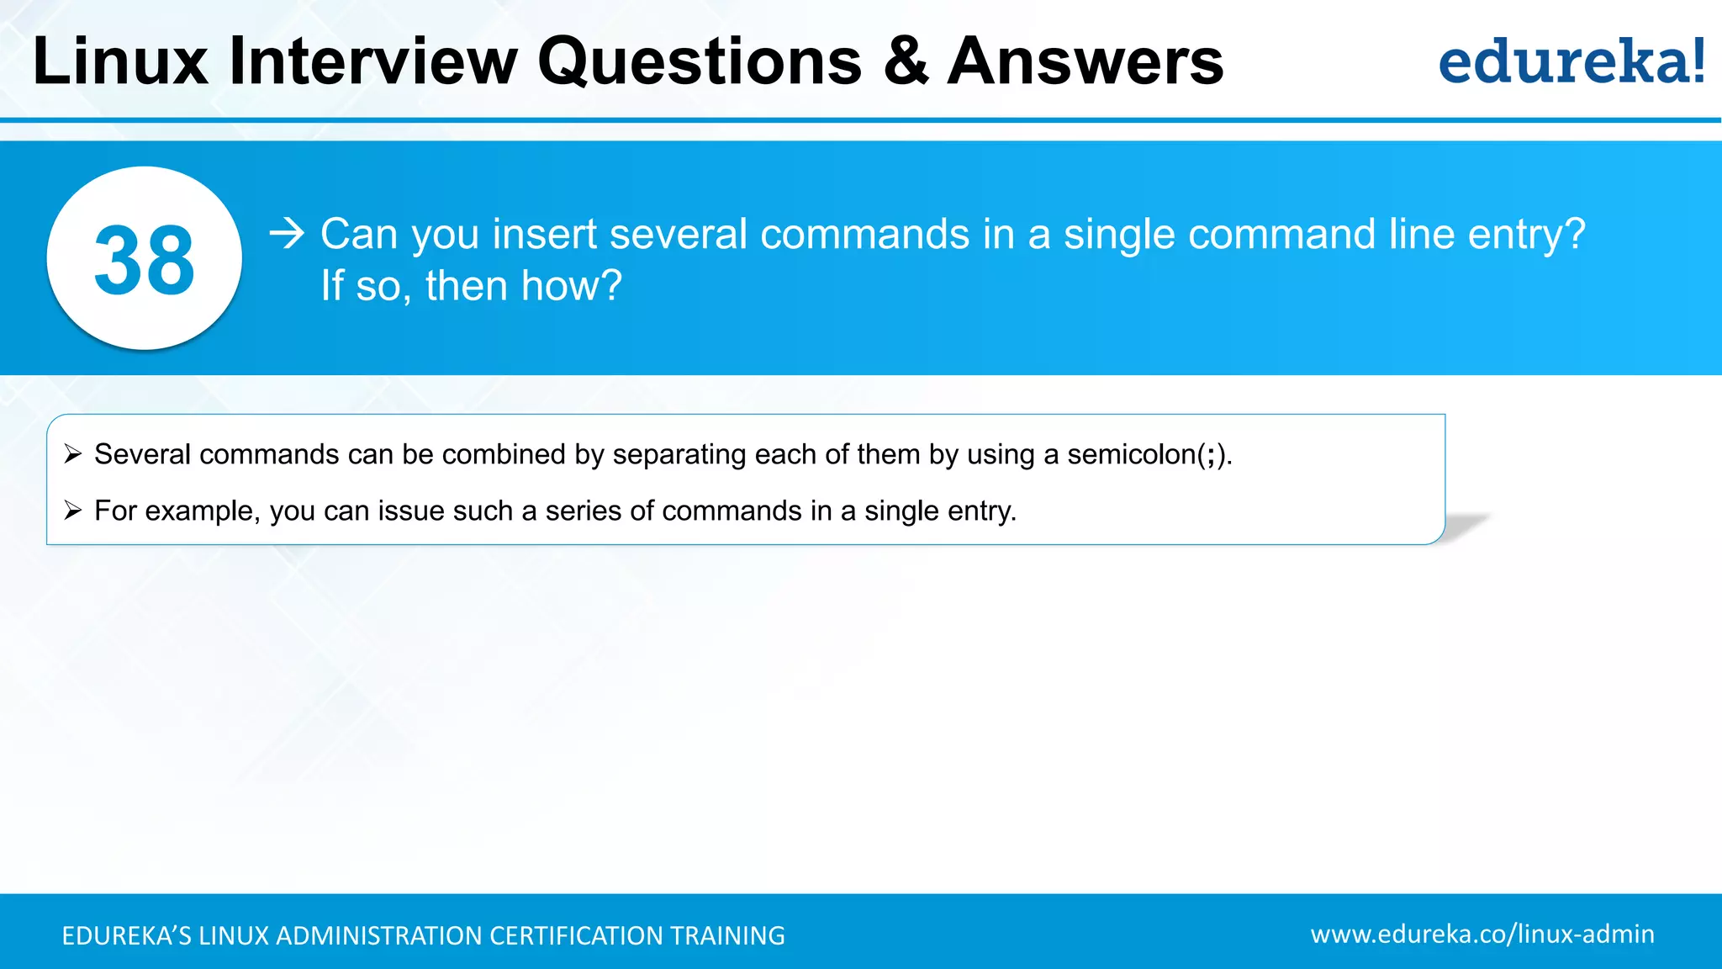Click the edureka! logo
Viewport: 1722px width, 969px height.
point(1571,61)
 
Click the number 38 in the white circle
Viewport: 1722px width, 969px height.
point(145,261)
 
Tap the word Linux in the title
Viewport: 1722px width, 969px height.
point(120,61)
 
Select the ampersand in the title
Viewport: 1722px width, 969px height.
point(906,61)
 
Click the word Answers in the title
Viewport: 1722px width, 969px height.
point(1085,61)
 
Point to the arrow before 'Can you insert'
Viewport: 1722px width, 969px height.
point(287,233)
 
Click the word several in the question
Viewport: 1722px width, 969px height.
point(678,234)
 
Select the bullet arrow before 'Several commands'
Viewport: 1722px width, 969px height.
point(73,454)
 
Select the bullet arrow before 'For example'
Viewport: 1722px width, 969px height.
point(73,511)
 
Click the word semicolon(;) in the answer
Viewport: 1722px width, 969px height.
point(1147,454)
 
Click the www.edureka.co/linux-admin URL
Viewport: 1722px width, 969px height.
point(1482,934)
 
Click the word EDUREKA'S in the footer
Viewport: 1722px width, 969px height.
point(126,935)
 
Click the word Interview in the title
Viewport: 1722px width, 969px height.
point(373,61)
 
